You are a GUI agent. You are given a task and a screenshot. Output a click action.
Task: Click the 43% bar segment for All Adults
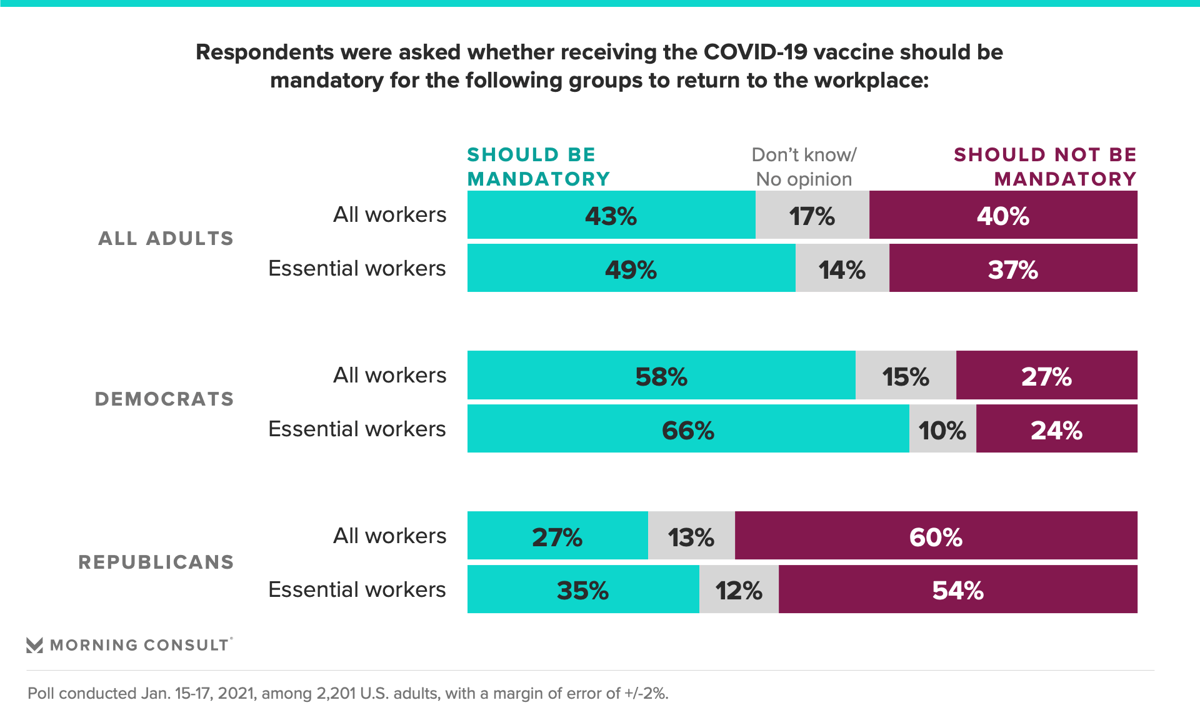(611, 215)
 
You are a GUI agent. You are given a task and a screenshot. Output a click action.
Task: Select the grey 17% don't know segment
(812, 215)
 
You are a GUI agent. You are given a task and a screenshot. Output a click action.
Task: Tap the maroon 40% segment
(1002, 215)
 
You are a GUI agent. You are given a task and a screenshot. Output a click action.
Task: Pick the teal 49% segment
(631, 268)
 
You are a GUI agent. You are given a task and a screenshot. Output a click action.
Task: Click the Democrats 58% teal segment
(661, 375)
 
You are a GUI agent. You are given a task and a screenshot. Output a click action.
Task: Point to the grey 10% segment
(942, 429)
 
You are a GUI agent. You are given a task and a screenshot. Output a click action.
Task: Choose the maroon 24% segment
(1056, 429)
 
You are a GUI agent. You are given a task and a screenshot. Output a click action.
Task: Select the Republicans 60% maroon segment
(936, 536)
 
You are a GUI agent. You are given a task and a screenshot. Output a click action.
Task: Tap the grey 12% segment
(739, 589)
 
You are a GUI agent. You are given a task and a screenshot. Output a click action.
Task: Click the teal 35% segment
(582, 589)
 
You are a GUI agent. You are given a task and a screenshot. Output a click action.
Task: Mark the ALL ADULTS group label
(166, 238)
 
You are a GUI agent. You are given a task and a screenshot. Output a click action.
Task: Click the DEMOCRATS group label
(164, 399)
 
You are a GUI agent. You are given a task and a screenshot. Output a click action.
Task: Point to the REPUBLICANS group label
(156, 562)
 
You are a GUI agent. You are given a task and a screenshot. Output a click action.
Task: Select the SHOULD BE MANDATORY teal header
(537, 167)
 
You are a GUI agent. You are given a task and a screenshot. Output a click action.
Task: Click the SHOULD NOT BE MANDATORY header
(1045, 167)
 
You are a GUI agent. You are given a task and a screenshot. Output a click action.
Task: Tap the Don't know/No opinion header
(804, 167)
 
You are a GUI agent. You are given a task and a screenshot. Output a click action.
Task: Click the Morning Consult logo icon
(35, 645)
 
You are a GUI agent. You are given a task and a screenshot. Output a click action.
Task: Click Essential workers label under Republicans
(357, 589)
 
